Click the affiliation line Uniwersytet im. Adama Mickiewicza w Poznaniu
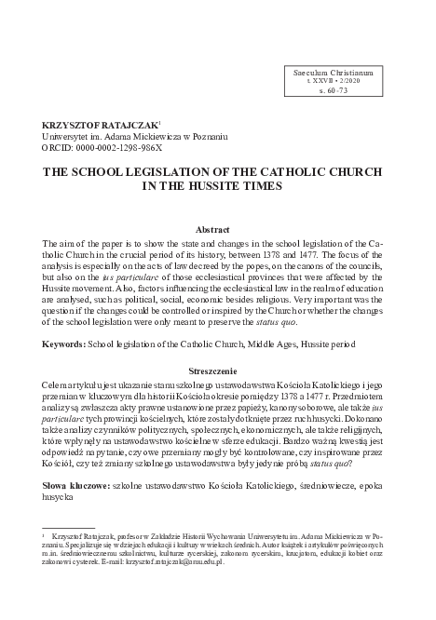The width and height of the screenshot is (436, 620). tap(125, 136)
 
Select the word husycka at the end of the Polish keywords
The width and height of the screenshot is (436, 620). tap(58, 497)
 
